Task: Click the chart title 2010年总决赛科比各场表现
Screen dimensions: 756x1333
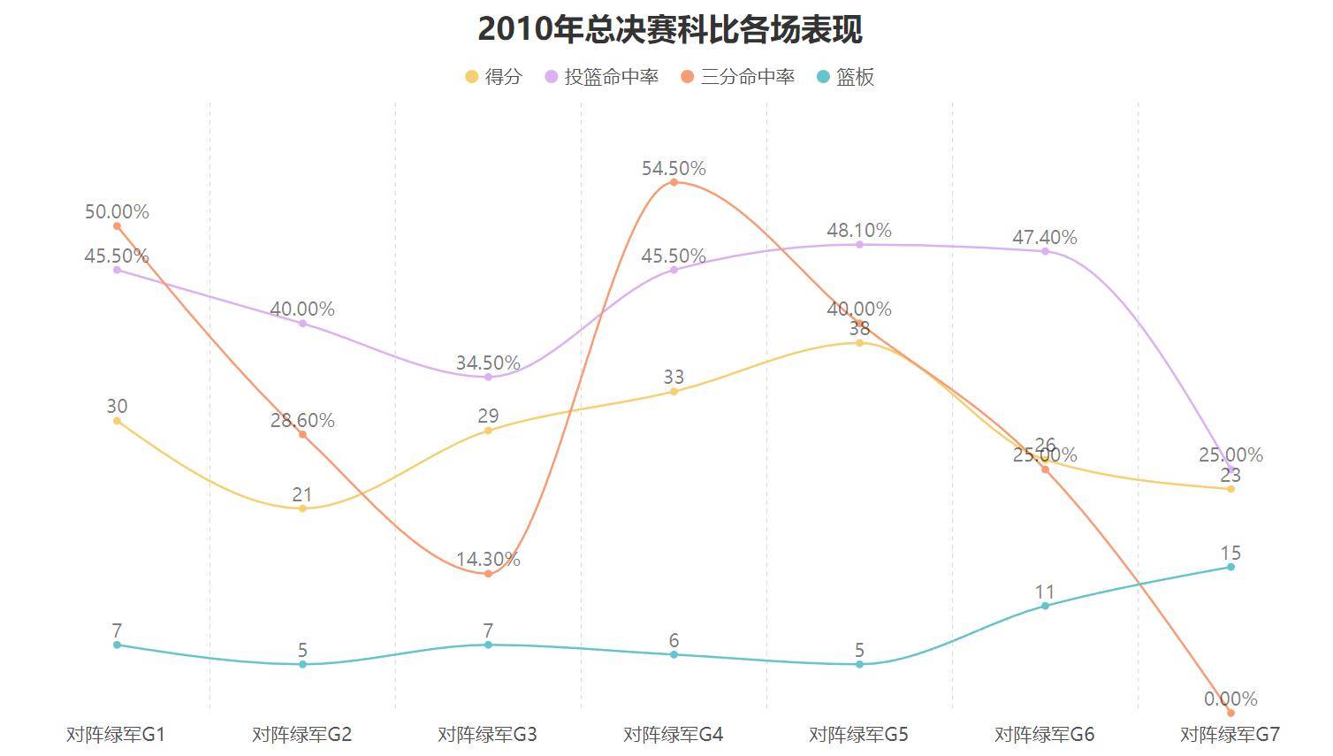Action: point(669,29)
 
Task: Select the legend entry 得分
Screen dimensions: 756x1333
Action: point(493,77)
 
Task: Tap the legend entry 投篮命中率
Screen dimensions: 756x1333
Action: point(601,77)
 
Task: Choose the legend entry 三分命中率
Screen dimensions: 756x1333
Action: point(737,77)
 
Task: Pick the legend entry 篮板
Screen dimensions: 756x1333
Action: point(845,77)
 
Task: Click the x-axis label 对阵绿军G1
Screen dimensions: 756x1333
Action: point(116,735)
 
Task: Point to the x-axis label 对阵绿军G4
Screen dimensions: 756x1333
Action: point(673,735)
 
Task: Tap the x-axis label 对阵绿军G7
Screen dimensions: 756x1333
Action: point(1230,735)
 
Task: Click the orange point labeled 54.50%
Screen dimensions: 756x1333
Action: point(674,182)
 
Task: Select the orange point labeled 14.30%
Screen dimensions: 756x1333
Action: point(488,574)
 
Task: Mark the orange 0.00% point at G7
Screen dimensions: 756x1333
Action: point(1230,713)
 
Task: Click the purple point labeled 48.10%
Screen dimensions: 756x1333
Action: point(859,244)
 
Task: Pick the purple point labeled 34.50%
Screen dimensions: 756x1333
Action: point(488,377)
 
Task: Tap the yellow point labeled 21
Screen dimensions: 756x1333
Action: point(302,508)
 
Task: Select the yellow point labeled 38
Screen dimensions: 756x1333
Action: point(859,342)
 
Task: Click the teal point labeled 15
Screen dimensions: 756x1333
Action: point(1230,567)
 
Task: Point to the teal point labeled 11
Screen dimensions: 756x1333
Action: point(1045,606)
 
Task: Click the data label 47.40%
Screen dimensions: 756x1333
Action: point(1045,237)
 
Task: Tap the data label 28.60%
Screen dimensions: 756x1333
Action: point(302,421)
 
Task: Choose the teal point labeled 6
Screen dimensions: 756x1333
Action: point(674,654)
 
